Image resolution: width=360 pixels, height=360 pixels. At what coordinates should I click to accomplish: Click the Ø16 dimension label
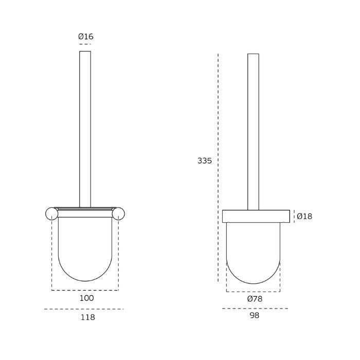(85, 37)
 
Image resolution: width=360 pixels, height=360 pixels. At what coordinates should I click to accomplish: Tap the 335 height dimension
(205, 160)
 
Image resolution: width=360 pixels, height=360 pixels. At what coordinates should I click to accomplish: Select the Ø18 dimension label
(304, 217)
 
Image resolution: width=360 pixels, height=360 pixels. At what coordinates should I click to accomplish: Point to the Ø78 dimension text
(254, 299)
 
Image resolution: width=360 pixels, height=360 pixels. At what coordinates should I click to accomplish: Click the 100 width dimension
(87, 298)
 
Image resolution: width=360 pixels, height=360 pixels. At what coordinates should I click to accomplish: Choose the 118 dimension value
(88, 317)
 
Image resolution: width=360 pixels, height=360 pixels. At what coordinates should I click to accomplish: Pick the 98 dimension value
(254, 315)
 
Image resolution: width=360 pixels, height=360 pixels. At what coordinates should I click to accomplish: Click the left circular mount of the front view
(52, 213)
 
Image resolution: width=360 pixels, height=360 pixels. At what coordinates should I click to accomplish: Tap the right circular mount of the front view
(119, 213)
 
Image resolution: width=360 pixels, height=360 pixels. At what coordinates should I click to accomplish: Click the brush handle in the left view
(85, 129)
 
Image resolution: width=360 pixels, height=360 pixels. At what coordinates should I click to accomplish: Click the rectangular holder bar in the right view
(254, 216)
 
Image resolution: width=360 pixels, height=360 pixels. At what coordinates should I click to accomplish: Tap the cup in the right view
(254, 252)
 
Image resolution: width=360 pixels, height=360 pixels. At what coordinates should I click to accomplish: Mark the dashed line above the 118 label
(84, 309)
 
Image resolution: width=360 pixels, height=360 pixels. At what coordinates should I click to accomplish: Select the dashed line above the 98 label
(255, 309)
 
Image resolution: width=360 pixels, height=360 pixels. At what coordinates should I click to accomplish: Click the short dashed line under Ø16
(85, 45)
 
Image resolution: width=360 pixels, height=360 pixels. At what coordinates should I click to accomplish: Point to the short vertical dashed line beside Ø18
(294, 217)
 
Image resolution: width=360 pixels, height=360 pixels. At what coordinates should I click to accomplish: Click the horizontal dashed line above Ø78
(254, 292)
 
